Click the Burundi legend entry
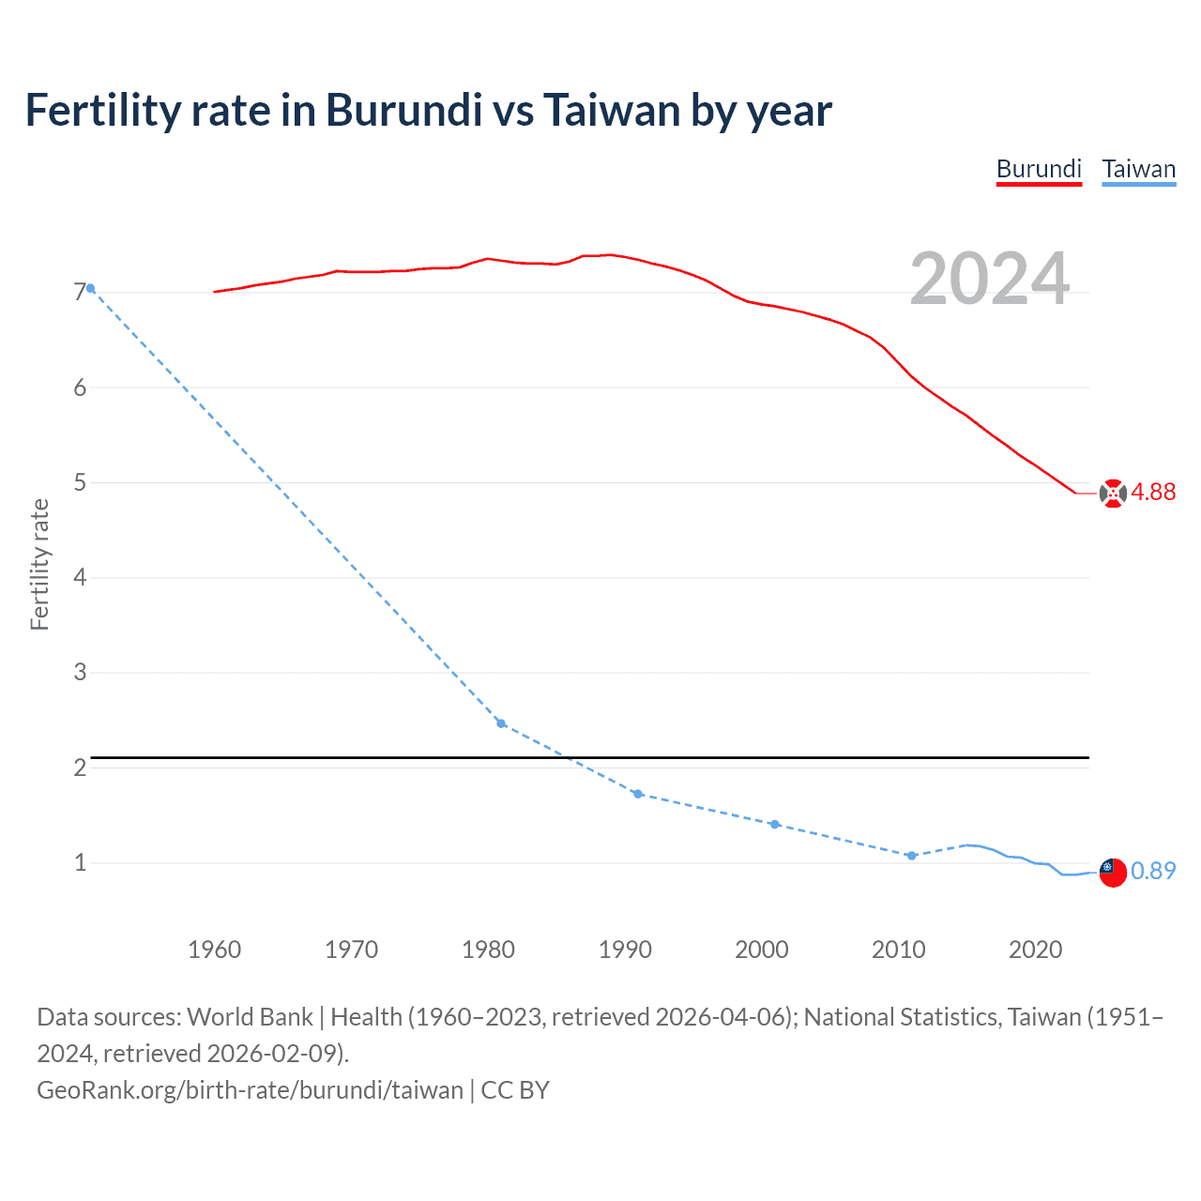point(1039,169)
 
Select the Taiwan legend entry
point(1138,169)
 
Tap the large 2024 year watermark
point(989,279)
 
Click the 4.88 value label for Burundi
point(1153,493)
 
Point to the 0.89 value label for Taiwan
point(1153,871)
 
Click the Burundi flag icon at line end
point(1113,494)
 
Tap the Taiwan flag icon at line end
point(1112,872)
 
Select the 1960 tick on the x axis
point(214,950)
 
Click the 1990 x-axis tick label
point(625,950)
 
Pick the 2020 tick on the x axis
point(1035,950)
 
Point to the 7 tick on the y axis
point(80,293)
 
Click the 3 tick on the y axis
point(80,672)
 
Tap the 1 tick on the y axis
point(80,862)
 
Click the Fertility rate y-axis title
point(39,564)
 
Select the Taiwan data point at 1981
point(501,723)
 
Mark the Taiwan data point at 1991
point(638,794)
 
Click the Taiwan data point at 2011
point(911,856)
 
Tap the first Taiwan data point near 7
point(90,288)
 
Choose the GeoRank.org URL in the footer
point(250,1090)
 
